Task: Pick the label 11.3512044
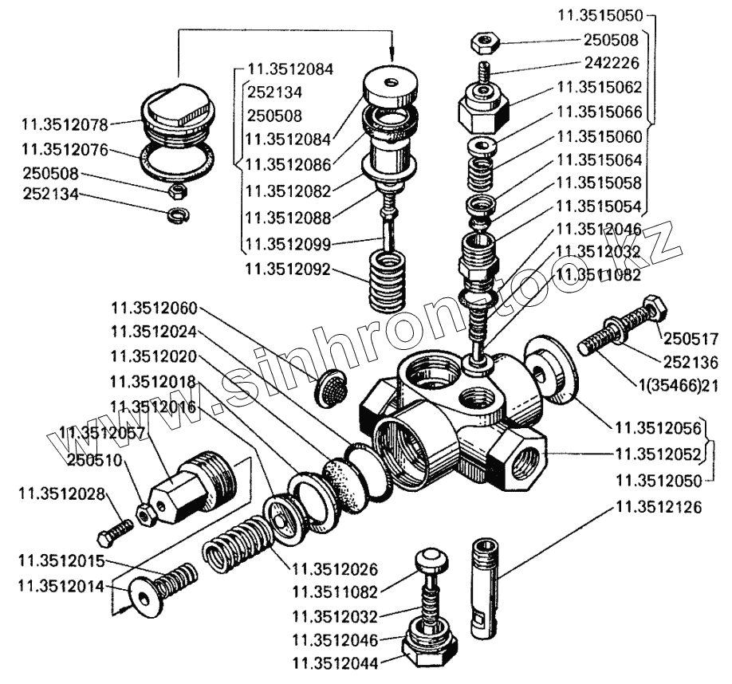click(x=336, y=662)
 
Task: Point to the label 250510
click(x=94, y=461)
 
